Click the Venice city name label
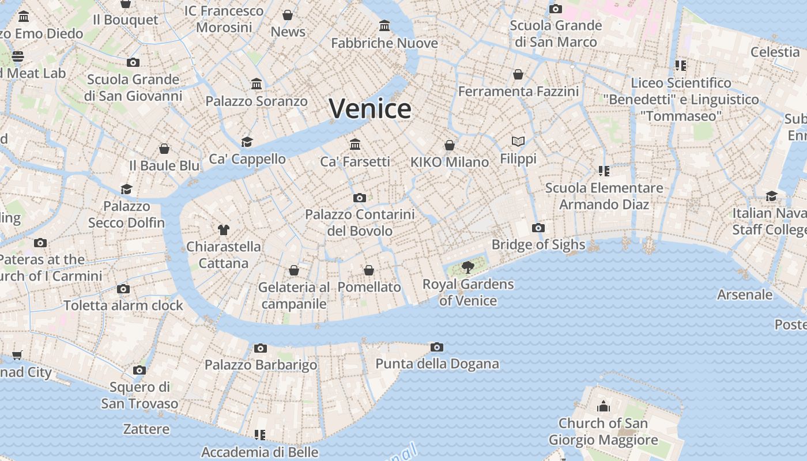[370, 108]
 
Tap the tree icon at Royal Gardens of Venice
[467, 267]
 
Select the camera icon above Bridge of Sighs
[538, 228]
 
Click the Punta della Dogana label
[437, 364]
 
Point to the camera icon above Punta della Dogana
[437, 347]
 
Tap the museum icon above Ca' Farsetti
[355, 143]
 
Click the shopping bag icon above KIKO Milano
[450, 145]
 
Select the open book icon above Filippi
[518, 141]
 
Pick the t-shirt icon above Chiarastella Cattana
[224, 230]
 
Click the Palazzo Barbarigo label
[261, 365]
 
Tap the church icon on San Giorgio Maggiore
[604, 406]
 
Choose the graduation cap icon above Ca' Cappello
[247, 142]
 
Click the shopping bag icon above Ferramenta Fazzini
[518, 74]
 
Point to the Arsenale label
[745, 294]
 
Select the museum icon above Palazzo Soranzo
[257, 84]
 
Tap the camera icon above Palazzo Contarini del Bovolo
[360, 198]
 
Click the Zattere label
[146, 429]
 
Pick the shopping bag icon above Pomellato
[369, 270]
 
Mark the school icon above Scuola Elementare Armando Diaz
[604, 171]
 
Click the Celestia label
[775, 52]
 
